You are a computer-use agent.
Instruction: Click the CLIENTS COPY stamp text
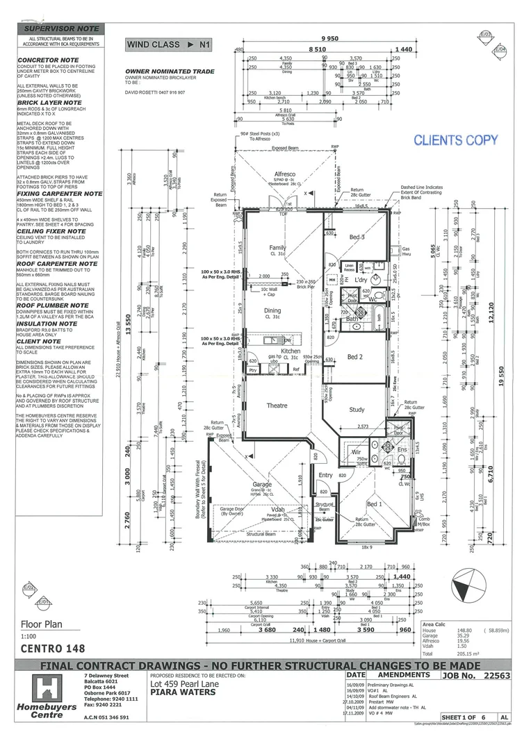(456, 140)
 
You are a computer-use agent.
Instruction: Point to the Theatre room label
(277, 406)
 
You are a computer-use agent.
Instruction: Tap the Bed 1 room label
(374, 503)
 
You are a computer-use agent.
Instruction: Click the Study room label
(356, 410)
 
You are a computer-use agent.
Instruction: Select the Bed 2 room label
(355, 356)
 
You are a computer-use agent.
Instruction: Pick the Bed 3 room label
(357, 237)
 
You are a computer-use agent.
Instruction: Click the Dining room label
(272, 292)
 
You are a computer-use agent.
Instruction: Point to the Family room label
(278, 247)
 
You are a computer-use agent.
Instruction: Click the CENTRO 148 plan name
(53, 649)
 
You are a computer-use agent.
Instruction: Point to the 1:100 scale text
(29, 636)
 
